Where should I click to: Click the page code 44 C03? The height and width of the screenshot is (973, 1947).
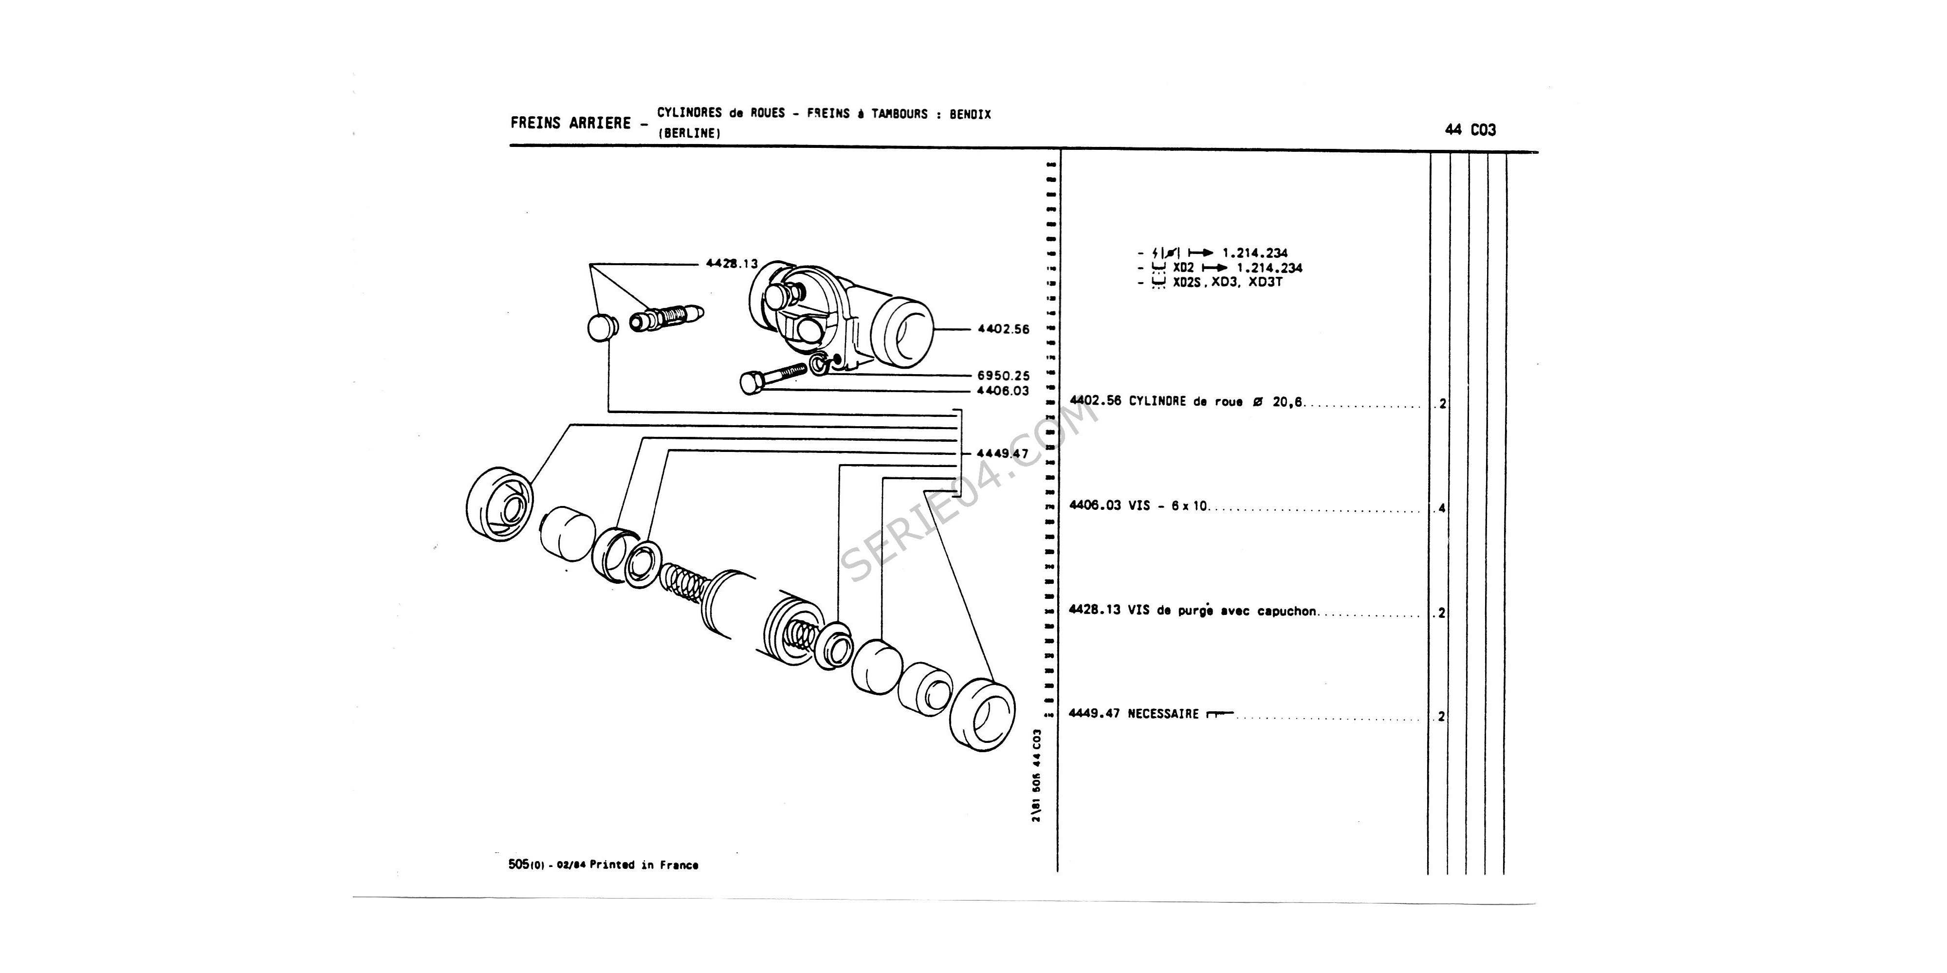[1469, 130]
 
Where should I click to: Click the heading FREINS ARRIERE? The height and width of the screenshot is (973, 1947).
[570, 123]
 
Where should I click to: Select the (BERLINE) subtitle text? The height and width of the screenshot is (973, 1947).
[689, 133]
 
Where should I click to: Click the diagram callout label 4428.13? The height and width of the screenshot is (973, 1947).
[731, 264]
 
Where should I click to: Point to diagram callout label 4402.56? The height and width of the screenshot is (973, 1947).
[1003, 329]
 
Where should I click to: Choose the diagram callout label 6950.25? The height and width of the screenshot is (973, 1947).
[1003, 376]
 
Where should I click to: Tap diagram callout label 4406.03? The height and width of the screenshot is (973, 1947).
[1003, 391]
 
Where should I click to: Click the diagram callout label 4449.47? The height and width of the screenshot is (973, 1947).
[1003, 453]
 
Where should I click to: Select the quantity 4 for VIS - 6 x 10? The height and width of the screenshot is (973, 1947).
[1441, 508]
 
